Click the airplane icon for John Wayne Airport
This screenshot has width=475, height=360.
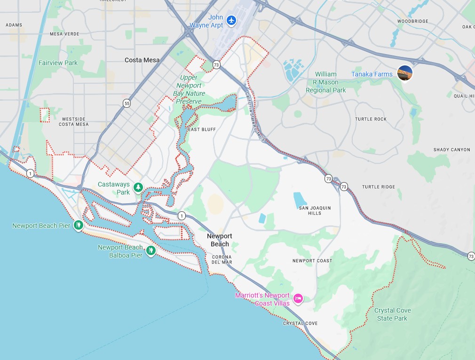pyautogui.click(x=230, y=20)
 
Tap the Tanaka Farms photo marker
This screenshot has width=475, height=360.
pyautogui.click(x=404, y=73)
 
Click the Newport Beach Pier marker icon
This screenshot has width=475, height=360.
pyautogui.click(x=79, y=225)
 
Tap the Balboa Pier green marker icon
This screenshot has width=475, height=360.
pyautogui.click(x=150, y=251)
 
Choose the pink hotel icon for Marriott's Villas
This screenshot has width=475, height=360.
pyautogui.click(x=297, y=298)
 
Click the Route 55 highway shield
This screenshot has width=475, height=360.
pyautogui.click(x=127, y=103)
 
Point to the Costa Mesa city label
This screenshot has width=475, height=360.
pyautogui.click(x=142, y=60)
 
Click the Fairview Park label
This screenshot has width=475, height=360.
pyautogui.click(x=58, y=63)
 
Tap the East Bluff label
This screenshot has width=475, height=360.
pyautogui.click(x=202, y=129)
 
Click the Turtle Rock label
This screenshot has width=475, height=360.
pyautogui.click(x=371, y=119)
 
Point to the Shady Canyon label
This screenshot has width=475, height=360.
pyautogui.click(x=451, y=150)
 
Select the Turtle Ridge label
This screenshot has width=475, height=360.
pyautogui.click(x=379, y=187)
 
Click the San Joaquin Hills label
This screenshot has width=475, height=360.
pyautogui.click(x=314, y=210)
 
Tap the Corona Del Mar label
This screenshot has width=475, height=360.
pyautogui.click(x=222, y=259)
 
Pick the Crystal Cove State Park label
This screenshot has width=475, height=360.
pyautogui.click(x=391, y=314)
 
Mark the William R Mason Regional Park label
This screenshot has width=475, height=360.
pyautogui.click(x=325, y=82)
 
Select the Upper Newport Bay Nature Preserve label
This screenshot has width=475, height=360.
pyautogui.click(x=190, y=89)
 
